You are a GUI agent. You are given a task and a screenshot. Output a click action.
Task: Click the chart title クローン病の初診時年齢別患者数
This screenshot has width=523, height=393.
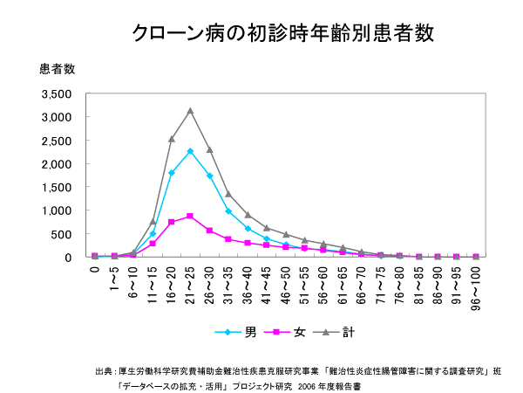[282, 33]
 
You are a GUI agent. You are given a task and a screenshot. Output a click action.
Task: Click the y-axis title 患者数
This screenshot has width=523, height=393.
[58, 69]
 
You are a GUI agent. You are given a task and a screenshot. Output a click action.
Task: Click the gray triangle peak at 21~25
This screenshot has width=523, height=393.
[190, 111]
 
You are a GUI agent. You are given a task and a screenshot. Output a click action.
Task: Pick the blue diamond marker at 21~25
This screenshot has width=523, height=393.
[190, 151]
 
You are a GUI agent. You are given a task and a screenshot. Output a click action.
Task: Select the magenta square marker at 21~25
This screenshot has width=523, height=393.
[190, 216]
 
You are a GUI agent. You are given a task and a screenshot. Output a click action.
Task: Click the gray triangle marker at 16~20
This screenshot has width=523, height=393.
[172, 139]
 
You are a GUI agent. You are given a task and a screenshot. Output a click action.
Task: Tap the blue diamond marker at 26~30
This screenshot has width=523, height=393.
[209, 176]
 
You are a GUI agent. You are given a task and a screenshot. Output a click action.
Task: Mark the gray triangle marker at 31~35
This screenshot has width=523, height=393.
[228, 194]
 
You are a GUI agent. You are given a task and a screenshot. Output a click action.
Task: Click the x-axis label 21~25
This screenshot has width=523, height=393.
[190, 281]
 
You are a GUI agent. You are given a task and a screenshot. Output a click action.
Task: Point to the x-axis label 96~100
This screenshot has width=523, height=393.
[476, 284]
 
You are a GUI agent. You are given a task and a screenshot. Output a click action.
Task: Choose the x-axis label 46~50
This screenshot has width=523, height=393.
[285, 281]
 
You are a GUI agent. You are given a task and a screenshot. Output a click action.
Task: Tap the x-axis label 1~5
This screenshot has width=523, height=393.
[114, 278]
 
